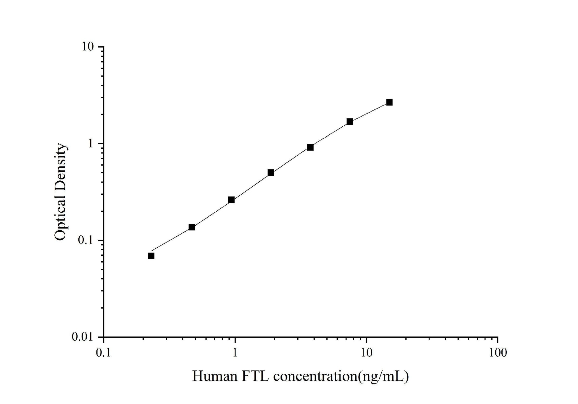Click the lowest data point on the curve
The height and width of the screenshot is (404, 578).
(151, 256)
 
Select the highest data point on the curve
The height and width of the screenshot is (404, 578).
(389, 102)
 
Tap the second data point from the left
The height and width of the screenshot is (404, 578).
(192, 227)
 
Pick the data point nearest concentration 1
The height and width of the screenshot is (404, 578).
(231, 200)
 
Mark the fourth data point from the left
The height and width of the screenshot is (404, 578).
(271, 172)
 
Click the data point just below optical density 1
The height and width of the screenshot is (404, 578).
(310, 147)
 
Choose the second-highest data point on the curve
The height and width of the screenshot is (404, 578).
(350, 121)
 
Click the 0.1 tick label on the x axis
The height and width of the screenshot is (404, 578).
(103, 353)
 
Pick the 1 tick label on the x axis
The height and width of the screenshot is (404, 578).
(235, 353)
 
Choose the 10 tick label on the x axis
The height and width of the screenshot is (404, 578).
(366, 353)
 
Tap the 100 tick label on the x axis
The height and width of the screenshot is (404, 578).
(498, 353)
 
